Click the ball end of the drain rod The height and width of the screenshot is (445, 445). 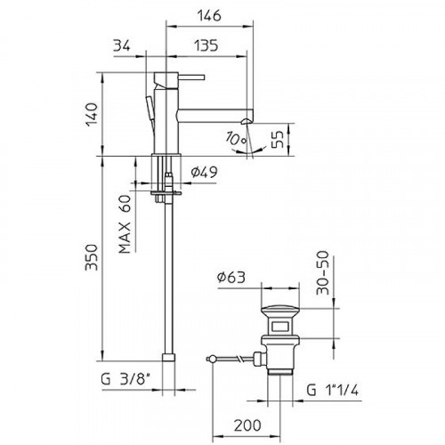click(x=212, y=360)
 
